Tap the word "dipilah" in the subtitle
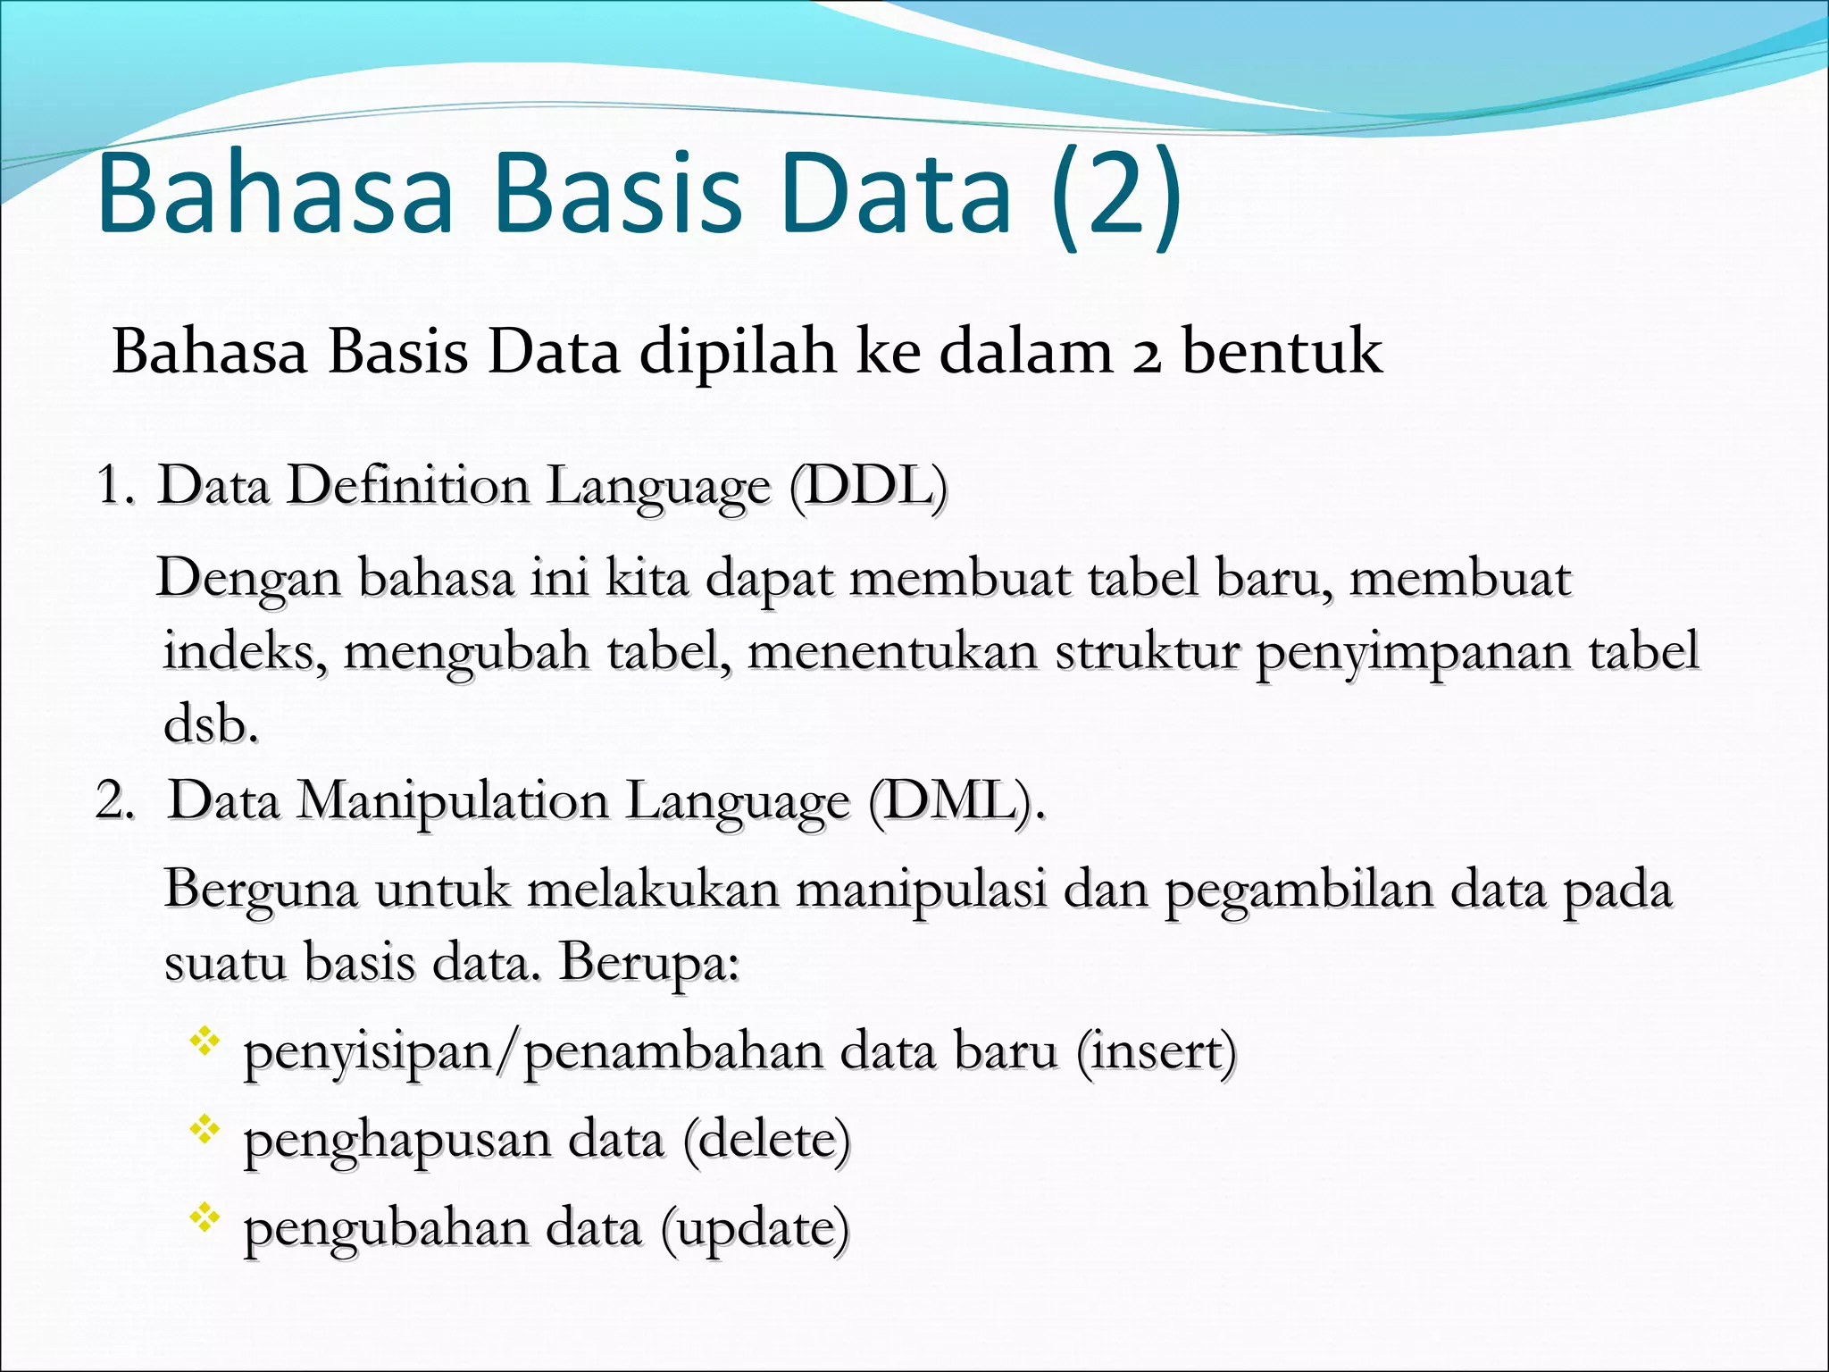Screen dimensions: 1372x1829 pos(739,352)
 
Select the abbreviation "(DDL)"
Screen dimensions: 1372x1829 pos(868,487)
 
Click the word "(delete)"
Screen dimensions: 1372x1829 pos(766,1141)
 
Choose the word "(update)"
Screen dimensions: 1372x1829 pos(755,1229)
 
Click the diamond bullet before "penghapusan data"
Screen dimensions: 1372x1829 pos(205,1131)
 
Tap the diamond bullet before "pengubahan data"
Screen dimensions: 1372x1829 pos(205,1219)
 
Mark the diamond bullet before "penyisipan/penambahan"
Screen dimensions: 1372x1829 pos(205,1042)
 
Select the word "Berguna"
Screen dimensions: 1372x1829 pos(261,891)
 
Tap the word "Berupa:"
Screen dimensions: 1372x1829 pos(649,963)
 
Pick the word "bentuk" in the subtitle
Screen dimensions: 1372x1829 pos(1282,352)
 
